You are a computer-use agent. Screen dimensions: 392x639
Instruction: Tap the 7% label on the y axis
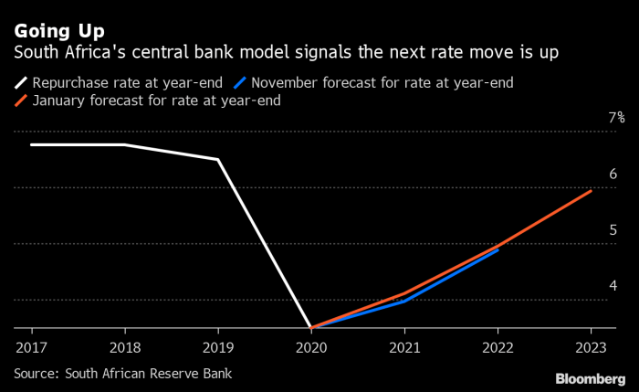tap(617, 118)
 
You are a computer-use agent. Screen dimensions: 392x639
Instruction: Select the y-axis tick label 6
tap(613, 174)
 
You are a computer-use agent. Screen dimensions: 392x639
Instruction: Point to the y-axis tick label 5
tap(613, 230)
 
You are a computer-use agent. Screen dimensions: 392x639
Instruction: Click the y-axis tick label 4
tap(613, 286)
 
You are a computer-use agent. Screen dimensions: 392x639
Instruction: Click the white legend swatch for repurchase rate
tap(20, 82)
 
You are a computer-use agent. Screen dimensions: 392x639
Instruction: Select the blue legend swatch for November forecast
tap(241, 82)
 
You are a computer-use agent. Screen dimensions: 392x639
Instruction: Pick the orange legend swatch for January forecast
tap(20, 101)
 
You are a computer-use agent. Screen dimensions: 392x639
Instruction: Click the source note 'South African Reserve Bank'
tap(122, 373)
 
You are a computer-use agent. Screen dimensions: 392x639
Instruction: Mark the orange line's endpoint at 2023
tap(591, 191)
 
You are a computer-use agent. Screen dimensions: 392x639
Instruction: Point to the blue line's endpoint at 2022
tap(498, 249)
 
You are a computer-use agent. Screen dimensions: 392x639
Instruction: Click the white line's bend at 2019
tap(218, 160)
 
